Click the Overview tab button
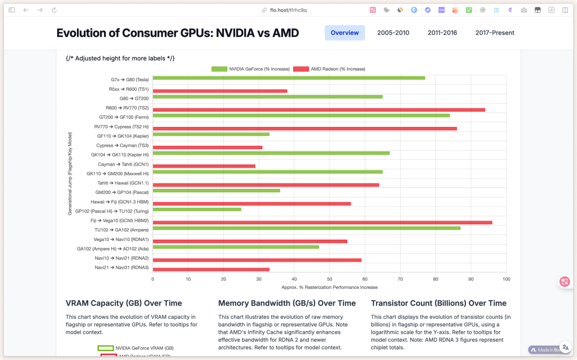click(x=345, y=33)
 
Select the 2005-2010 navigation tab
click(x=393, y=33)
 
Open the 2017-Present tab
click(x=495, y=33)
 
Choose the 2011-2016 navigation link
click(x=442, y=33)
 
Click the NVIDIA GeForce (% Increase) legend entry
click(x=251, y=69)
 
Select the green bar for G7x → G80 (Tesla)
click(x=288, y=78)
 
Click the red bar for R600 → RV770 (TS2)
click(x=319, y=109)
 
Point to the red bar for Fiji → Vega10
click(x=322, y=222)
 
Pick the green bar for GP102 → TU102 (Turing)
click(x=197, y=209)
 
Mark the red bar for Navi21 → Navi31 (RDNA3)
click(x=211, y=269)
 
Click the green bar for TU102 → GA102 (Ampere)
click(x=306, y=228)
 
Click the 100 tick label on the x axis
click(x=506, y=279)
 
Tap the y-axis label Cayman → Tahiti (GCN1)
click(x=123, y=165)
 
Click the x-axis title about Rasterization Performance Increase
click(x=329, y=287)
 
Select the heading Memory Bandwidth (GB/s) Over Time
click(x=287, y=303)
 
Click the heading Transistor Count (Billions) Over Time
click(x=439, y=303)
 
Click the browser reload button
click(x=54, y=10)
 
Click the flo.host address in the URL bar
click(x=288, y=10)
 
